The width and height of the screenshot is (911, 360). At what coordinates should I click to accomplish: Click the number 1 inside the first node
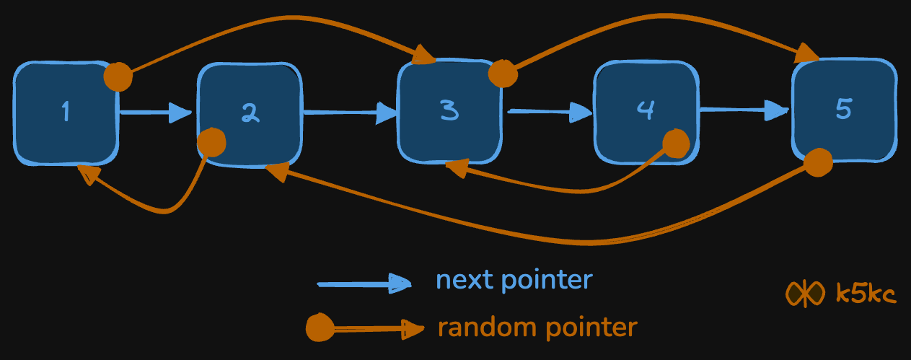click(66, 112)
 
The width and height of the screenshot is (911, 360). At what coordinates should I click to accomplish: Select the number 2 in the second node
click(250, 113)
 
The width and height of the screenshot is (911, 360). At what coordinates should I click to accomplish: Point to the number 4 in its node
click(646, 109)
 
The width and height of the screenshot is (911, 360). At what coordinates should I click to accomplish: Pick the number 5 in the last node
click(843, 108)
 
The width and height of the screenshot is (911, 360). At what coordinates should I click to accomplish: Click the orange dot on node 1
click(118, 76)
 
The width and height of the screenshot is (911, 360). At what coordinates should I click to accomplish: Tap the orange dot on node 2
click(212, 142)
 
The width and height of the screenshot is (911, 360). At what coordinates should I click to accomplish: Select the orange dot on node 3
click(503, 73)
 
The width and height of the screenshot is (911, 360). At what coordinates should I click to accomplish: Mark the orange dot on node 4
click(676, 144)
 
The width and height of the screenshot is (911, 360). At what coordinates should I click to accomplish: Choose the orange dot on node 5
click(818, 162)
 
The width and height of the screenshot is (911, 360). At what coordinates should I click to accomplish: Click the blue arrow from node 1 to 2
click(155, 113)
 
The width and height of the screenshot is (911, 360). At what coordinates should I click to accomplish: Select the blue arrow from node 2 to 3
click(351, 113)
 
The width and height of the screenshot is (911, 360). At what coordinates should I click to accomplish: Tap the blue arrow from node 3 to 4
click(550, 112)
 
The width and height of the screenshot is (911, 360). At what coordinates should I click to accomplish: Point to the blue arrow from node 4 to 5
click(744, 110)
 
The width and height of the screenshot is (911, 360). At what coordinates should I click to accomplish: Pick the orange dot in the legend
click(319, 329)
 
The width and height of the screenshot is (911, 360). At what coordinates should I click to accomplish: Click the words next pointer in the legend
click(514, 280)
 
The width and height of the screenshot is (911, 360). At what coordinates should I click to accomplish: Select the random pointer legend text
click(537, 328)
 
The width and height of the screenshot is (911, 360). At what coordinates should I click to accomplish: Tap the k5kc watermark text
click(866, 294)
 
